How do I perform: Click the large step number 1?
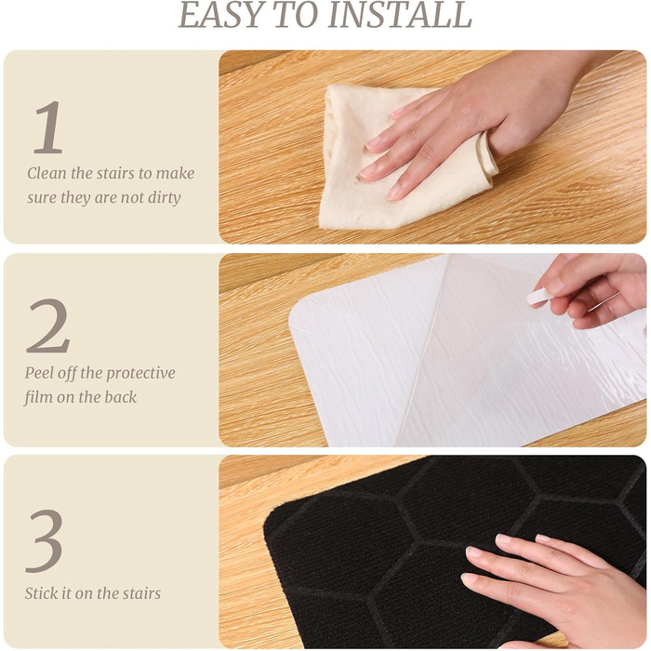pos(48,127)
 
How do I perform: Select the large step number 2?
pos(48,326)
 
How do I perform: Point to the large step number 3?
pos(45,541)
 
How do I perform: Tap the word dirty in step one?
pos(164,198)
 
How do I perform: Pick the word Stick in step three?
pos(41,593)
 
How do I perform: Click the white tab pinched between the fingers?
pos(538,297)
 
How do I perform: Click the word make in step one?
pos(176,173)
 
